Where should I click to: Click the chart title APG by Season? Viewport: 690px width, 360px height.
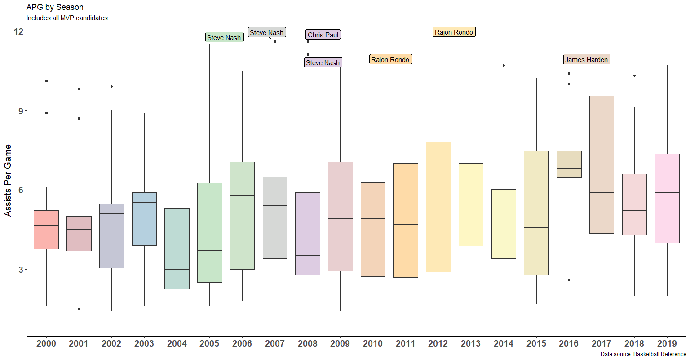(x=55, y=7)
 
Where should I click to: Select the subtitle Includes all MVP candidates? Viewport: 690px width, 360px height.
(x=67, y=18)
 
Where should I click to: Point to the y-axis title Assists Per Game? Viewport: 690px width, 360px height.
(x=8, y=180)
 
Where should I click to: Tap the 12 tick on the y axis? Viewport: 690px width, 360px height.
(x=18, y=31)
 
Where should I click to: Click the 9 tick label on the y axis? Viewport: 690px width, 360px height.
(x=21, y=111)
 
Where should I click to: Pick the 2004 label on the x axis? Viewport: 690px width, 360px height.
(x=177, y=343)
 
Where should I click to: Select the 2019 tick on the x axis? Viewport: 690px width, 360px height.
(x=667, y=343)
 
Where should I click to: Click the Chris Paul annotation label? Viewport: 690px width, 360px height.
(x=323, y=35)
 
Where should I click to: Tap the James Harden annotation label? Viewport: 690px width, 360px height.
(x=586, y=59)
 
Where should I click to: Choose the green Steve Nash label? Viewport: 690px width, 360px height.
(x=224, y=37)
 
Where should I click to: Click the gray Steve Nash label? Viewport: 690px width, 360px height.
(x=266, y=32)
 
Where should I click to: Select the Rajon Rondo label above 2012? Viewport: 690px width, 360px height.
(x=454, y=32)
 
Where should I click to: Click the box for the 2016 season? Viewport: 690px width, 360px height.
(x=569, y=164)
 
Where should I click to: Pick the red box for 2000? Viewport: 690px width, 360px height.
(x=46, y=229)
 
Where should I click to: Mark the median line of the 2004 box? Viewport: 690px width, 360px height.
(x=177, y=269)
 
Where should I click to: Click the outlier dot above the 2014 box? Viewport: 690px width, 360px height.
(x=504, y=65)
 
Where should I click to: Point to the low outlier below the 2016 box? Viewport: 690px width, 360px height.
(x=569, y=280)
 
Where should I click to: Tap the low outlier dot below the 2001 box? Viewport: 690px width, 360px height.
(x=79, y=309)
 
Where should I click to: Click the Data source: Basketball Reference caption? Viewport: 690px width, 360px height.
(x=643, y=354)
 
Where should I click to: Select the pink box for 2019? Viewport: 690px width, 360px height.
(x=667, y=198)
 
